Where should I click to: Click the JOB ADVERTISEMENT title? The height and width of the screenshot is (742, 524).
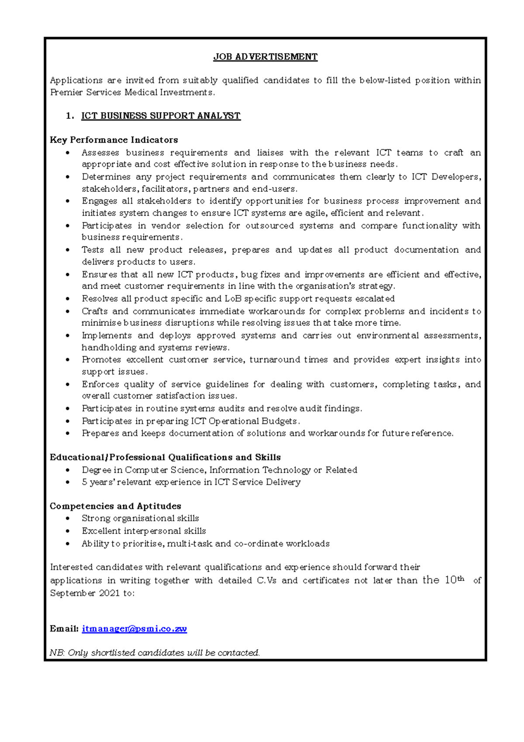pos(265,57)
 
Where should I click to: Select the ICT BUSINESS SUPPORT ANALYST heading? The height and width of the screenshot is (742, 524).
pos(161,116)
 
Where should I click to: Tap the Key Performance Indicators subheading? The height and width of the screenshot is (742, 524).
pos(114,140)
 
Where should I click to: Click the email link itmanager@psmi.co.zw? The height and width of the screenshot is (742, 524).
pos(134,629)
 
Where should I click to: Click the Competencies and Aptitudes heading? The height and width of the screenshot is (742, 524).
pos(115,506)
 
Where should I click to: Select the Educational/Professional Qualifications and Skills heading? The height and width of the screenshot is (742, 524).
pos(165,458)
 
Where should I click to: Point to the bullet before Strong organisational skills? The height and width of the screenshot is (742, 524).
pos(67,519)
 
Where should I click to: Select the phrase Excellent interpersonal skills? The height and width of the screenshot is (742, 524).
pos(144,531)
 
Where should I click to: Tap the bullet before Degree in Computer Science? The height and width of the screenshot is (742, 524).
pos(67,471)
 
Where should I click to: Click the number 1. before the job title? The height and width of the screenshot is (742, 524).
pos(69,116)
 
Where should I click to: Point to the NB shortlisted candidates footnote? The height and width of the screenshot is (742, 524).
pos(155,653)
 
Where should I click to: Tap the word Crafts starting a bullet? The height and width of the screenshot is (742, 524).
pos(94,312)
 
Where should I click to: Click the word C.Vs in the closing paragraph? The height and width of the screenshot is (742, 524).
pos(266,581)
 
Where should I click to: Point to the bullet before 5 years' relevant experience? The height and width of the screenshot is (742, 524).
pos(67,482)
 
